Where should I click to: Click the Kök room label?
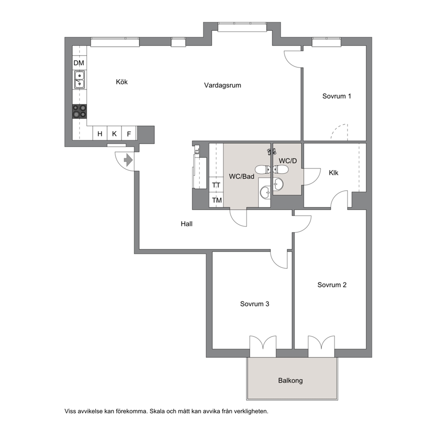pos(122,82)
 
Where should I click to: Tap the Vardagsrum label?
pos(222,85)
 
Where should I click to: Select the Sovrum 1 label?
pos(337,96)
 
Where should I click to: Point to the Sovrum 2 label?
pos(332,285)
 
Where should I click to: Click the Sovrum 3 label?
pos(255,304)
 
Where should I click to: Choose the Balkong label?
pos(290,381)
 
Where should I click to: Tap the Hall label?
pos(186,224)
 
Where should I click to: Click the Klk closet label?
pos(333,173)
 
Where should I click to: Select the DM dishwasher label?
pos(79,63)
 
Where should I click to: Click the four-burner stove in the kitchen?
pos(79,111)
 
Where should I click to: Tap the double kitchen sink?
pos(79,79)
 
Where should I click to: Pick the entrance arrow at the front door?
pos(128,160)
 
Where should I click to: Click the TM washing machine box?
pos(216,200)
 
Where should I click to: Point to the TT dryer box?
pos(216,185)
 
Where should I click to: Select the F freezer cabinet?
pos(129,133)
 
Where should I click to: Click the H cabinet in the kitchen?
pos(100,133)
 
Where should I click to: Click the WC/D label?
pos(288,161)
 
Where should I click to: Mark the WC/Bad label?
pos(242,176)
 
